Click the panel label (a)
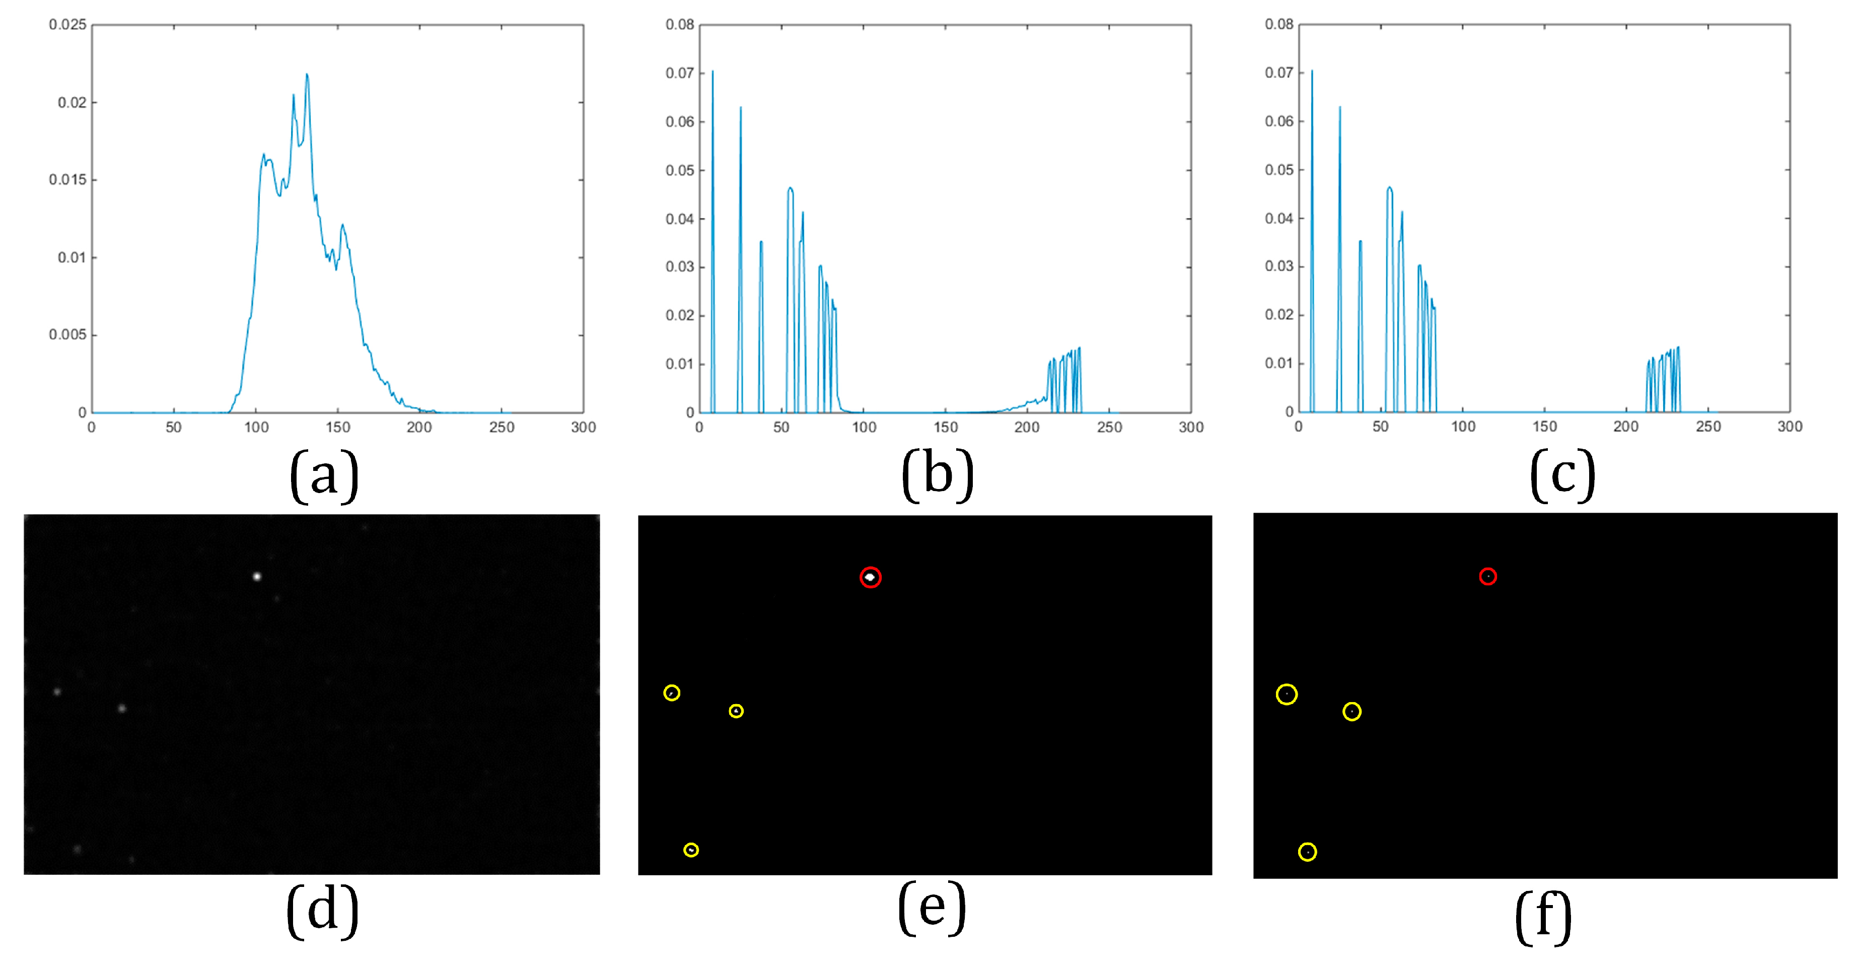pyautogui.click(x=324, y=475)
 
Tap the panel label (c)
pyautogui.click(x=1562, y=475)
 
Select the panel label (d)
pyautogui.click(x=322, y=911)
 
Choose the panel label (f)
pyautogui.click(x=1543, y=917)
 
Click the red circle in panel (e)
pyautogui.click(x=871, y=577)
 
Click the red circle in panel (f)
pyautogui.click(x=1487, y=576)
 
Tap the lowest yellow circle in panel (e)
pyautogui.click(x=690, y=850)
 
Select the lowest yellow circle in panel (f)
pyautogui.click(x=1307, y=852)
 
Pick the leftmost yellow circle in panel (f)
pyautogui.click(x=1286, y=695)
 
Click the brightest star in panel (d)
pyautogui.click(x=257, y=576)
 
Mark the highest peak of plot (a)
pyautogui.click(x=307, y=75)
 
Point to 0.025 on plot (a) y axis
pyautogui.click(x=67, y=25)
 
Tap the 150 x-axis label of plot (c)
pyautogui.click(x=1544, y=427)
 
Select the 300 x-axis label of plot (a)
pyautogui.click(x=584, y=428)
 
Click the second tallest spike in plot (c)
pyautogui.click(x=1339, y=108)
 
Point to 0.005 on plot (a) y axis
pyautogui.click(x=67, y=334)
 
